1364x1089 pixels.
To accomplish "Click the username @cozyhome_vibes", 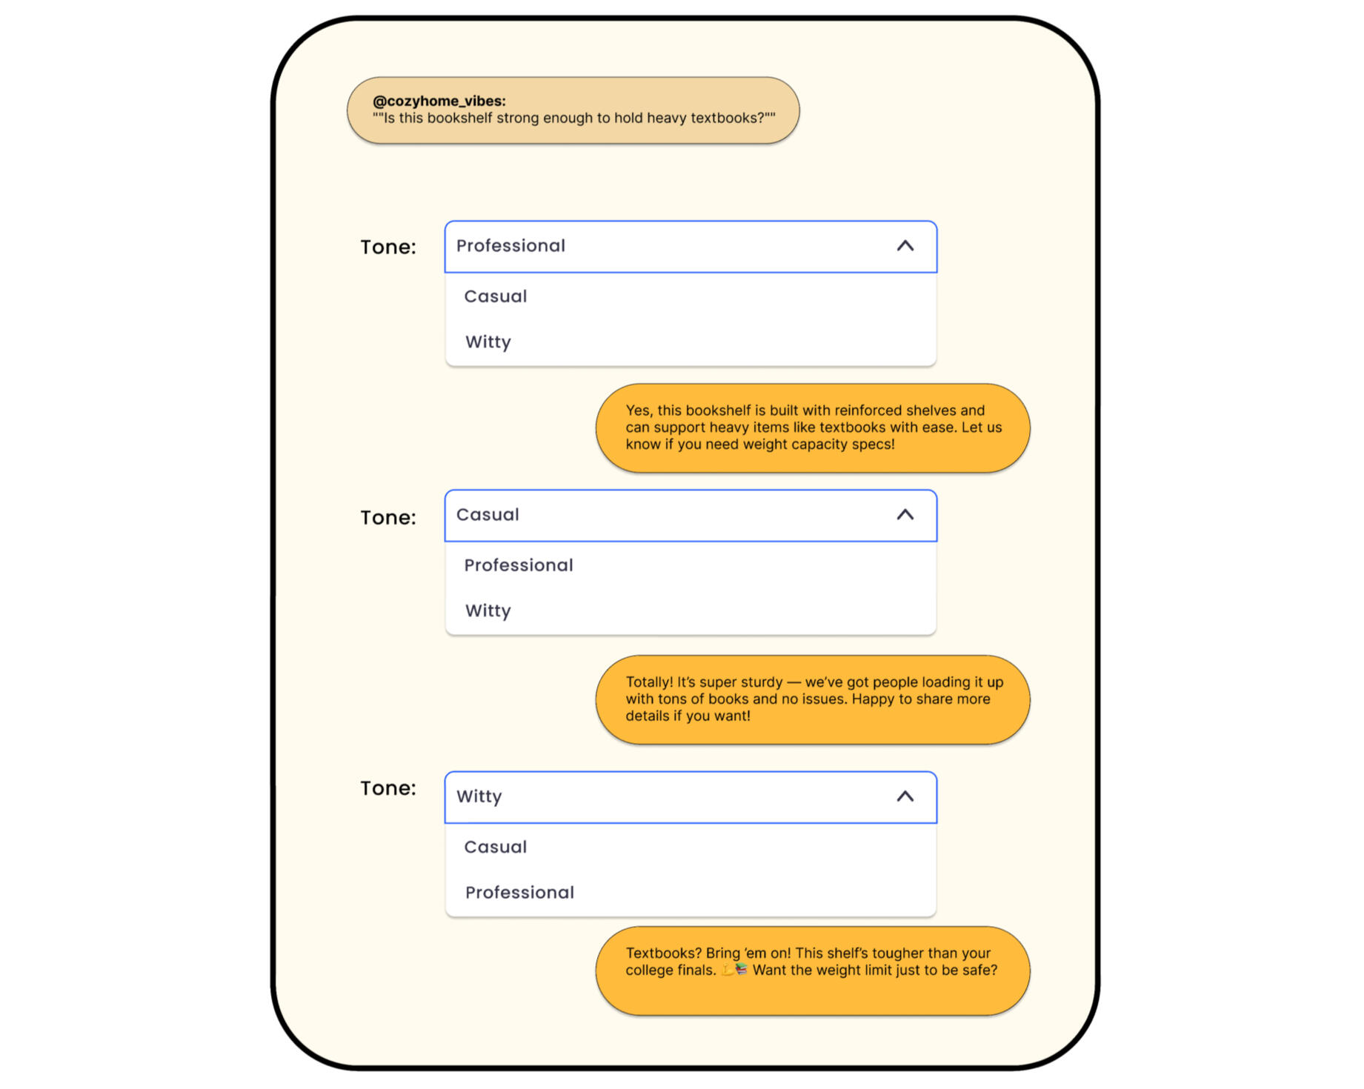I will coord(439,101).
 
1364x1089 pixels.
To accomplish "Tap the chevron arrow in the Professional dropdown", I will coord(905,246).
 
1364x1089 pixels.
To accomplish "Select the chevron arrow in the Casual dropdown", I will coord(905,515).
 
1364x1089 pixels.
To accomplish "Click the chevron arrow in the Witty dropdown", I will coord(905,796).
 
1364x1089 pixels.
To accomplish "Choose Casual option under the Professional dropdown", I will coord(496,296).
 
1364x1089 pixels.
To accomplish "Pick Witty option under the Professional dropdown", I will coord(488,342).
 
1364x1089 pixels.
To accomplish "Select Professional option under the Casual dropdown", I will coord(519,565).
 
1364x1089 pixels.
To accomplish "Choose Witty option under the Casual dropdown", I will coord(488,611).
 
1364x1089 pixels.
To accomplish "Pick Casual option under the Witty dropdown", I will coord(496,847).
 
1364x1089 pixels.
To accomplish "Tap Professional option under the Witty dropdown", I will coord(519,893).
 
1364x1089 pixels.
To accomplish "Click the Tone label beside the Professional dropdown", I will coord(388,247).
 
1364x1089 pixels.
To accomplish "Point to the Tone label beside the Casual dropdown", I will coord(388,518).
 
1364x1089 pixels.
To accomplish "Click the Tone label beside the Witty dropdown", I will coord(388,788).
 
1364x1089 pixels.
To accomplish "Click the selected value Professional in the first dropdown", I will coord(510,246).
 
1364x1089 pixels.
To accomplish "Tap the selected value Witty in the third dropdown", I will coord(479,796).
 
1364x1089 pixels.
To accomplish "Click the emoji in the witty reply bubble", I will coord(734,970).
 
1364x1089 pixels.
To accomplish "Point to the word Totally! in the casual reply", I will coord(649,682).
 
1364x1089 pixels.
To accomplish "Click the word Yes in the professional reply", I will coord(639,410).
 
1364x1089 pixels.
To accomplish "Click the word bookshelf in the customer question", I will coord(459,118).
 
